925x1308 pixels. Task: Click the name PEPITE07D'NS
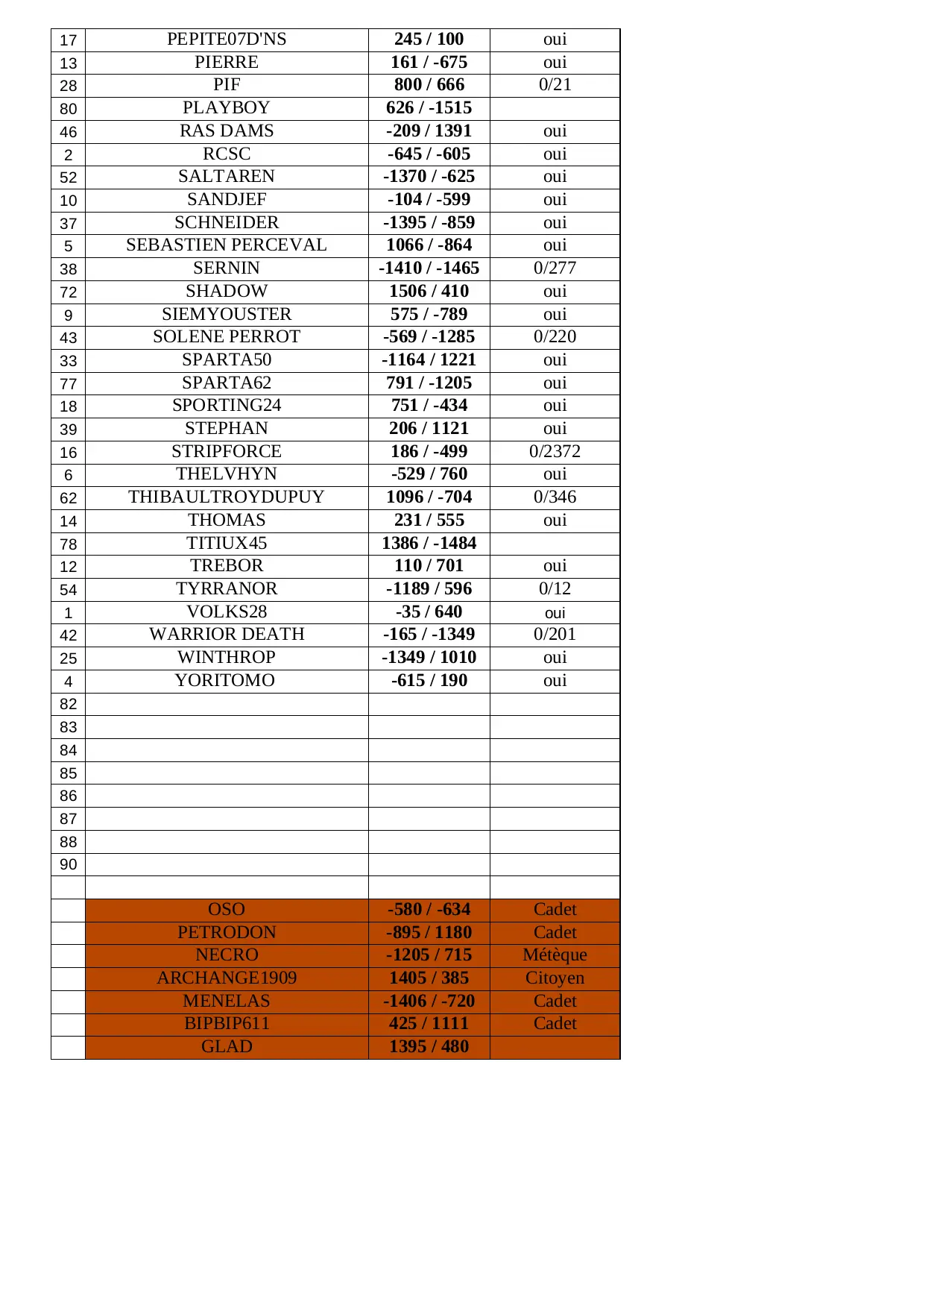point(227,40)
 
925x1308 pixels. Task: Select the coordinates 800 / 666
point(429,85)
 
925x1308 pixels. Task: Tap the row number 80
point(69,109)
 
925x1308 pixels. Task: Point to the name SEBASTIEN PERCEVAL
point(227,245)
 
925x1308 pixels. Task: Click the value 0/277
point(555,268)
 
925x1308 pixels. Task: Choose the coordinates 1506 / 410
point(429,292)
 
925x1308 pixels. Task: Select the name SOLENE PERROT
point(227,337)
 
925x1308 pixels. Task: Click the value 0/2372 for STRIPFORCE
point(555,452)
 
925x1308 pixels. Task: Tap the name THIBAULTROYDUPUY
point(227,497)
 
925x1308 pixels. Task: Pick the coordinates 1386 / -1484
point(429,544)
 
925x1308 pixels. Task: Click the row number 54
point(69,590)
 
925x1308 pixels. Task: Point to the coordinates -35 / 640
point(429,612)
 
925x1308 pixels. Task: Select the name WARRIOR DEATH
point(227,635)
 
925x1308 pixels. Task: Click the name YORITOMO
point(225,681)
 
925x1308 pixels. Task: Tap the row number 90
point(69,865)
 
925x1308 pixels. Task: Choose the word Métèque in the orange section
point(555,955)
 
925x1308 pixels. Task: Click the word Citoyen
point(555,978)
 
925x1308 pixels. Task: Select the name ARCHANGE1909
point(227,978)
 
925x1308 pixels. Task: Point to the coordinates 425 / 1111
point(429,1024)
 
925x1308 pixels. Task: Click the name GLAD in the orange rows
point(227,1047)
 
